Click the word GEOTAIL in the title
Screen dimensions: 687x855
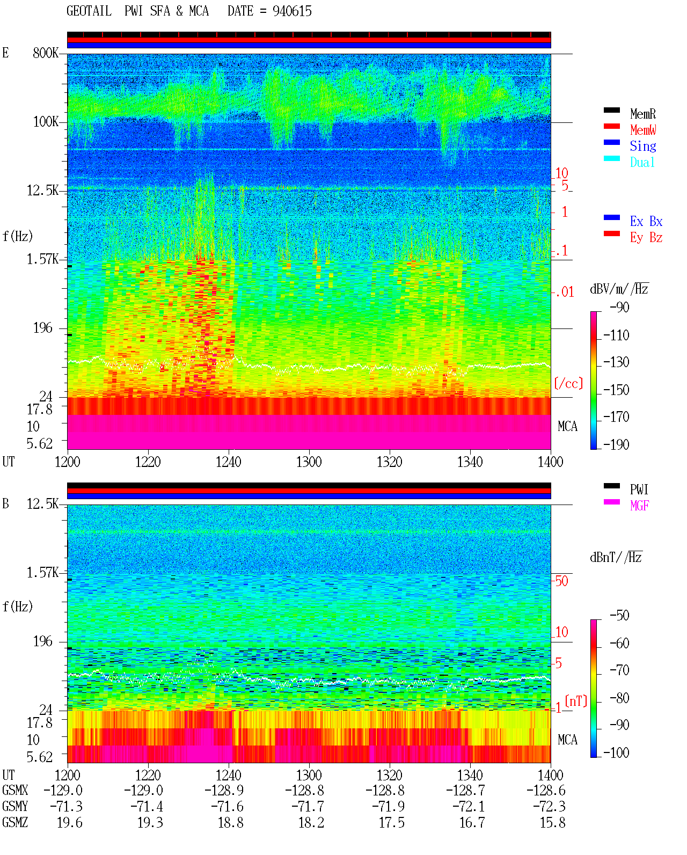pos(89,11)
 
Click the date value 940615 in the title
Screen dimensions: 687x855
pos(292,11)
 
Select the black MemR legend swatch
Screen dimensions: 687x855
pos(611,110)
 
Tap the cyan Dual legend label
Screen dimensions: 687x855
pos(642,162)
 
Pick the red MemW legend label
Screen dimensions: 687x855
pos(643,129)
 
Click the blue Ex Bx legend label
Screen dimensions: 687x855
pos(646,221)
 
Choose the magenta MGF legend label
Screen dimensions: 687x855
pos(639,506)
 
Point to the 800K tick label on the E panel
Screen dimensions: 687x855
pos(46,53)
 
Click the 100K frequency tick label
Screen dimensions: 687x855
pos(46,122)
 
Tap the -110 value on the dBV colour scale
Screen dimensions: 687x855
pos(616,335)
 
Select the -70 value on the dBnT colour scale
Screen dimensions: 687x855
pos(619,670)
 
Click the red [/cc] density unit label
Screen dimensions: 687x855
pos(568,383)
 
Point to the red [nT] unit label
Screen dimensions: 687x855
pos(576,700)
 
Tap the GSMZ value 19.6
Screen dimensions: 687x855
pos(70,822)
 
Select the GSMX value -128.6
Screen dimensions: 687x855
pos(546,790)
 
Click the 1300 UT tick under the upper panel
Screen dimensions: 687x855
pos(309,462)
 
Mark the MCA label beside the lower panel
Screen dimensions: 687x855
pos(567,740)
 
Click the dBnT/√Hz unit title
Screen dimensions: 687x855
pos(616,557)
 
